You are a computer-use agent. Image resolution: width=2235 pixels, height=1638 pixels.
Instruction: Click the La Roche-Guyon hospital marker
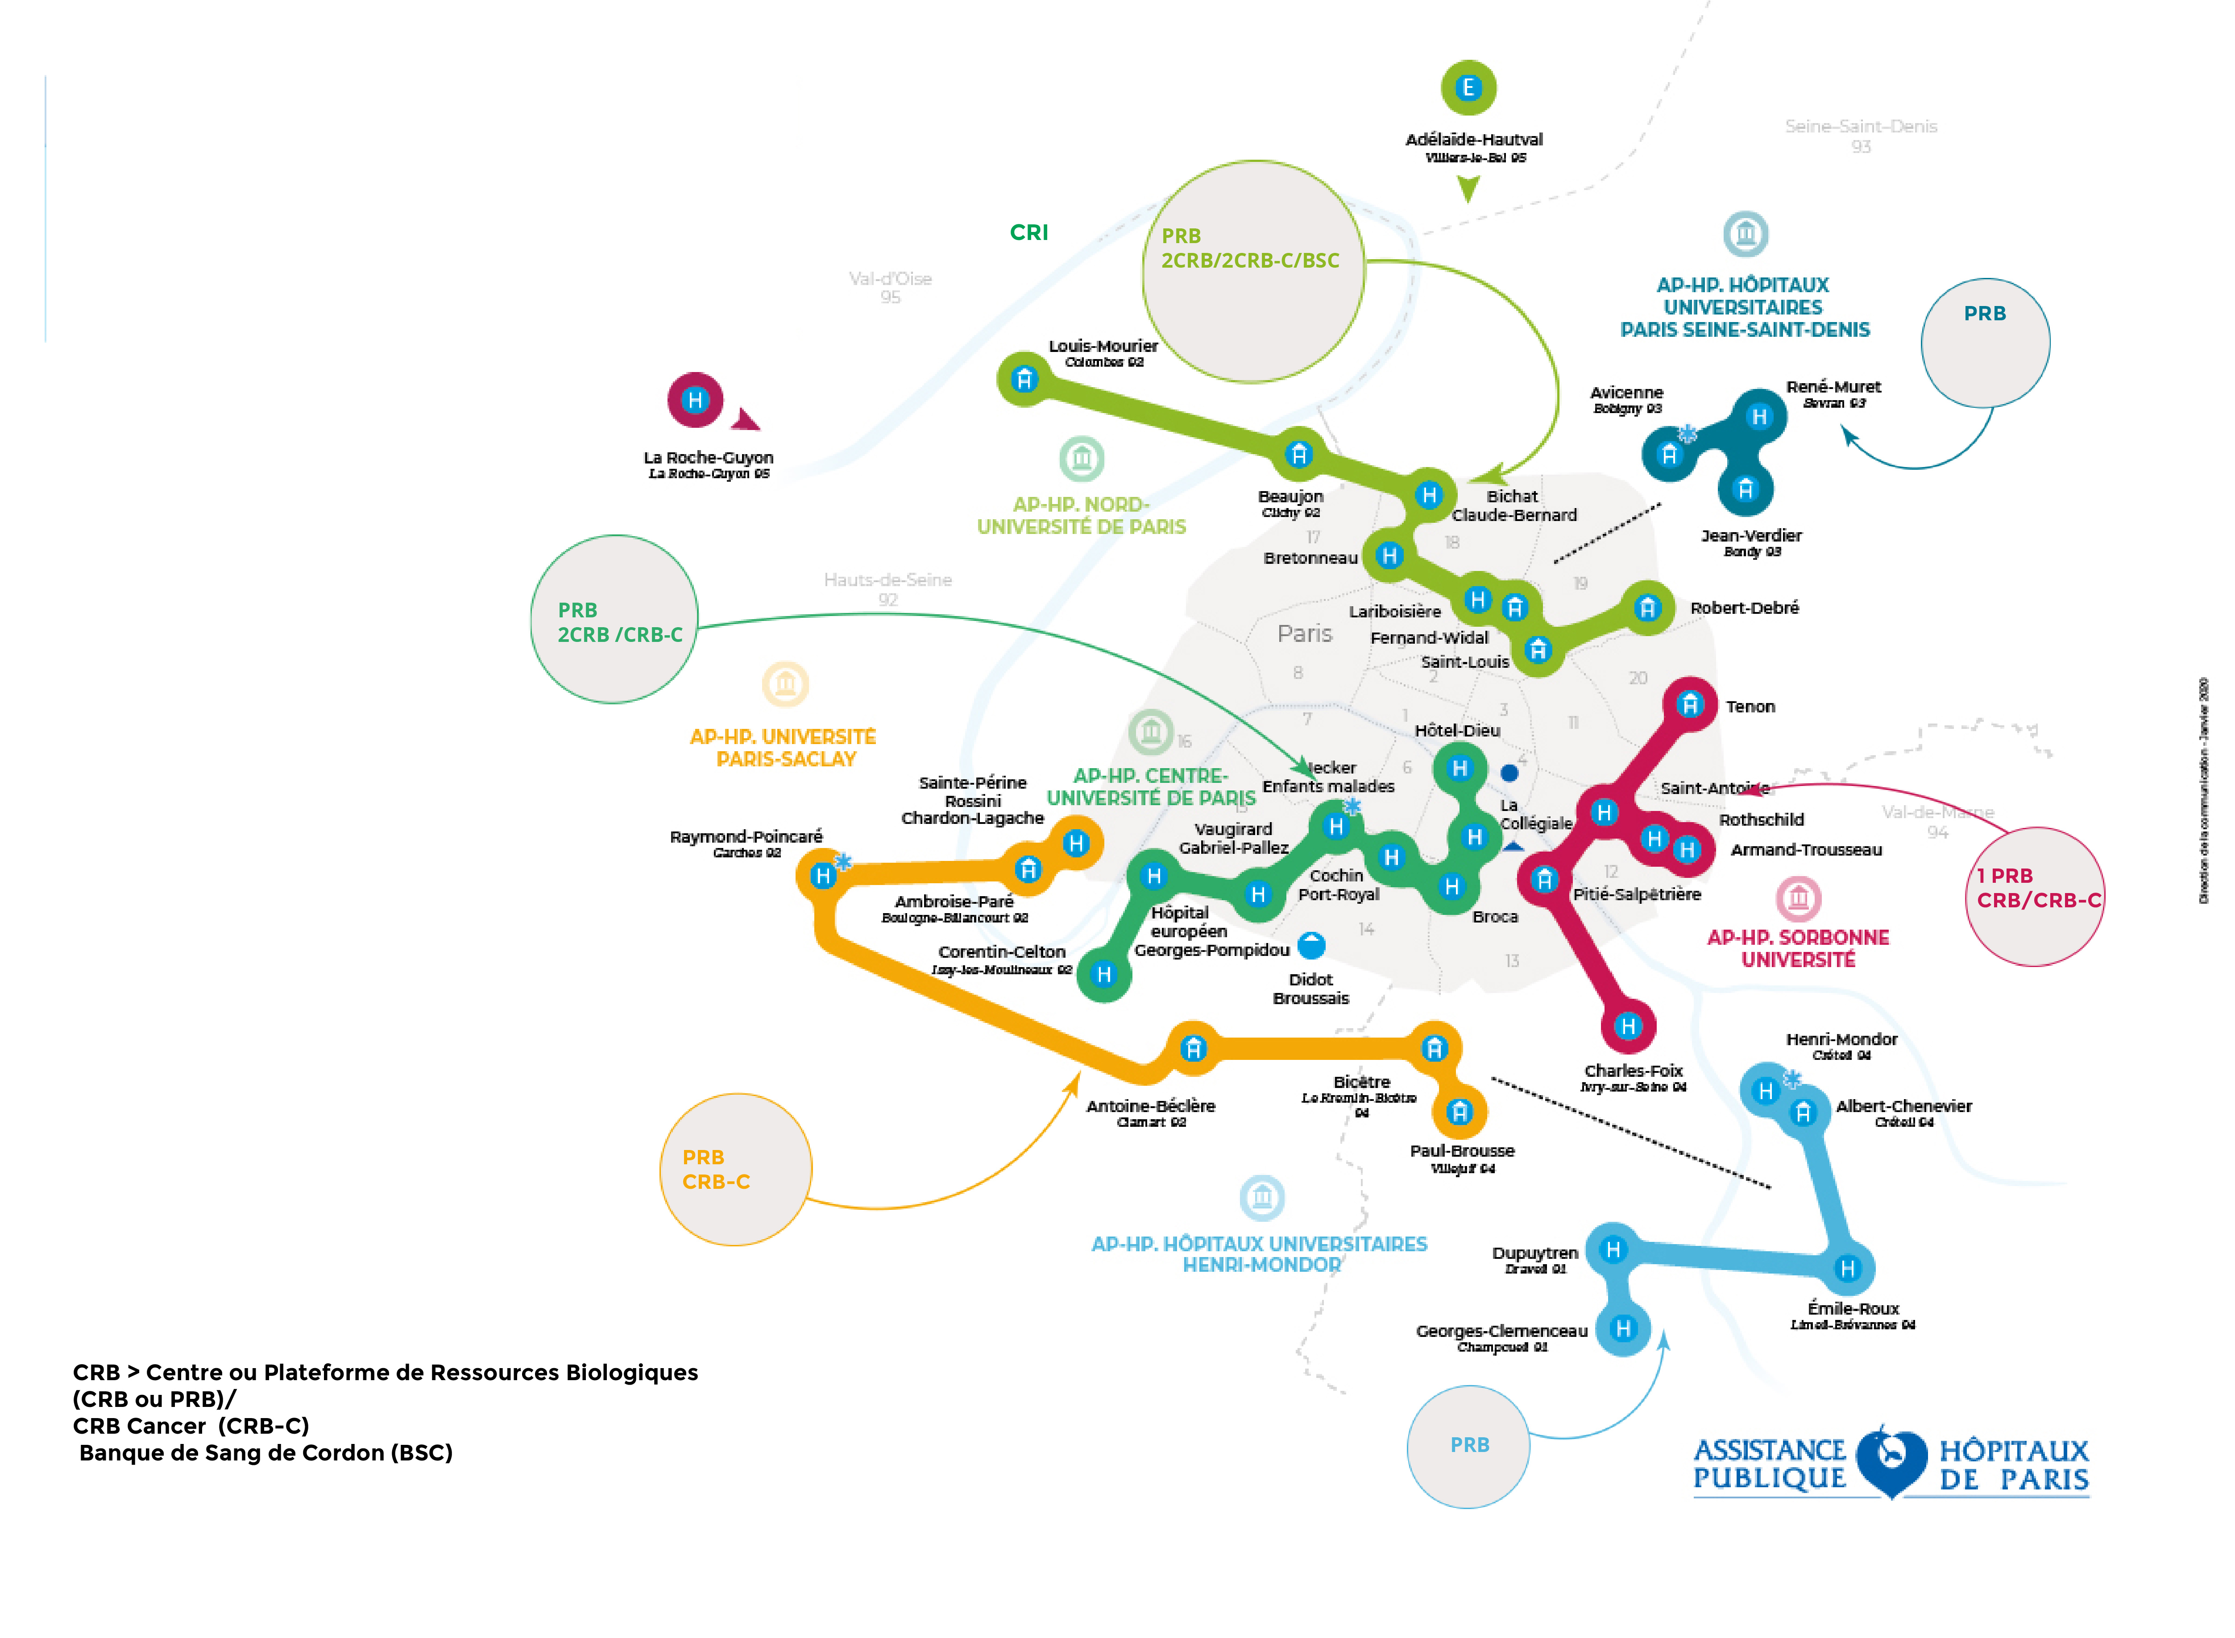[695, 400]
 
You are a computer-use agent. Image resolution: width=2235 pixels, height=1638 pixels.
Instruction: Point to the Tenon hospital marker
[1690, 705]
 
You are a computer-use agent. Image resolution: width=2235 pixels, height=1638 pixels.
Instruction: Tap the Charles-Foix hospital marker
[1628, 1026]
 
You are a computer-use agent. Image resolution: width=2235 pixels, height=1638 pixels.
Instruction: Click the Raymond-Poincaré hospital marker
[822, 876]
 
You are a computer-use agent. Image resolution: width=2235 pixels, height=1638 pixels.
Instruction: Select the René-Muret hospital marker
[1759, 417]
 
